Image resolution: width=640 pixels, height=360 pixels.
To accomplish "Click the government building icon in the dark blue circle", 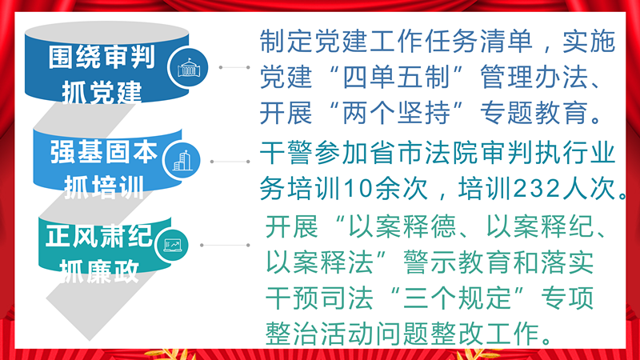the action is [x=189, y=68].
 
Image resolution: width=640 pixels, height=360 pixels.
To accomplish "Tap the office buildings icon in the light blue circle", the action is [x=182, y=161].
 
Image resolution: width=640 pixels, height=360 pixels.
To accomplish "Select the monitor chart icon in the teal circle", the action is [x=172, y=245].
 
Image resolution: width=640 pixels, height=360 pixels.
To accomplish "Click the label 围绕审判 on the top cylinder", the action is [x=102, y=57].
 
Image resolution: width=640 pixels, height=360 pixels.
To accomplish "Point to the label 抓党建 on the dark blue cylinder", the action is [x=102, y=92].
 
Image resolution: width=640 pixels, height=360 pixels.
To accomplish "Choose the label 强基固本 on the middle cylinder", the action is [x=104, y=151].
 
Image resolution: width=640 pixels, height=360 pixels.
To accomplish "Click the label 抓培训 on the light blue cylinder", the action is [x=104, y=187].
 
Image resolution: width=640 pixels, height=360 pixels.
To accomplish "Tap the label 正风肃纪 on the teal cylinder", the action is [x=99, y=235].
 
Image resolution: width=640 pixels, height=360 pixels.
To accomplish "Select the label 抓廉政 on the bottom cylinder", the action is [x=99, y=270].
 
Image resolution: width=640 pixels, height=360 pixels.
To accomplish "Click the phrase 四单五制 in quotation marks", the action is [x=397, y=77].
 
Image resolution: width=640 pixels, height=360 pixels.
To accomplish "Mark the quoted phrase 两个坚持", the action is [x=397, y=113].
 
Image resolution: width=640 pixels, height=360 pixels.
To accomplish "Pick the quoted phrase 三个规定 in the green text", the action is [x=457, y=298].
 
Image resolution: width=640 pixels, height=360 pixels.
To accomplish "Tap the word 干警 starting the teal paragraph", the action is [x=286, y=153].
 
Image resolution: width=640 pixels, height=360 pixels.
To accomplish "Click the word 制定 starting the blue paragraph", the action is [x=286, y=42].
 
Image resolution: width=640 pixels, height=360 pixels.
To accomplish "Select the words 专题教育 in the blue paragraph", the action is [x=534, y=113].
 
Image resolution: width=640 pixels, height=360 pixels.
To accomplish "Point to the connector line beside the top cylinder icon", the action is [x=234, y=67].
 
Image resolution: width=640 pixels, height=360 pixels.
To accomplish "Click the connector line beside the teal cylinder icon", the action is [x=225, y=245].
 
